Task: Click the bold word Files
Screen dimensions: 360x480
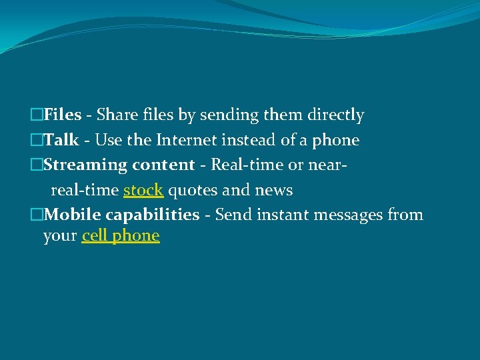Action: [x=63, y=115]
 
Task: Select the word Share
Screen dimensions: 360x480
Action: [x=117, y=115]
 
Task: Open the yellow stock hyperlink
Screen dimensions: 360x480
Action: [x=143, y=190]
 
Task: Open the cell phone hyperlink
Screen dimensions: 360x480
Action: [x=121, y=236]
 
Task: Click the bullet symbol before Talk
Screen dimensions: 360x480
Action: [x=37, y=141]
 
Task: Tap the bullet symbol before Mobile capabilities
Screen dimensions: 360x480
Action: [x=37, y=215]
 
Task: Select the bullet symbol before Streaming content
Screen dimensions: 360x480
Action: [x=37, y=165]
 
